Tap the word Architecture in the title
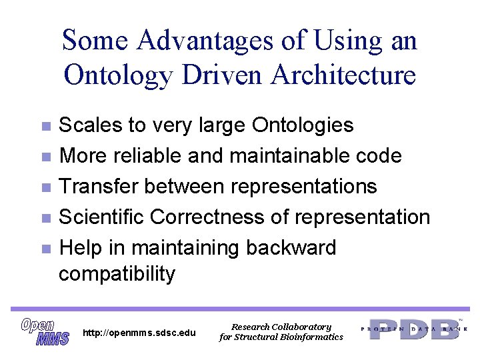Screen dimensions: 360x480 click(343, 75)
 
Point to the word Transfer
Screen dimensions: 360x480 click(99, 186)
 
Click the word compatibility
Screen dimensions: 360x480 click(117, 273)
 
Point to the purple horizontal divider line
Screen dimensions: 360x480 click(240, 309)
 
